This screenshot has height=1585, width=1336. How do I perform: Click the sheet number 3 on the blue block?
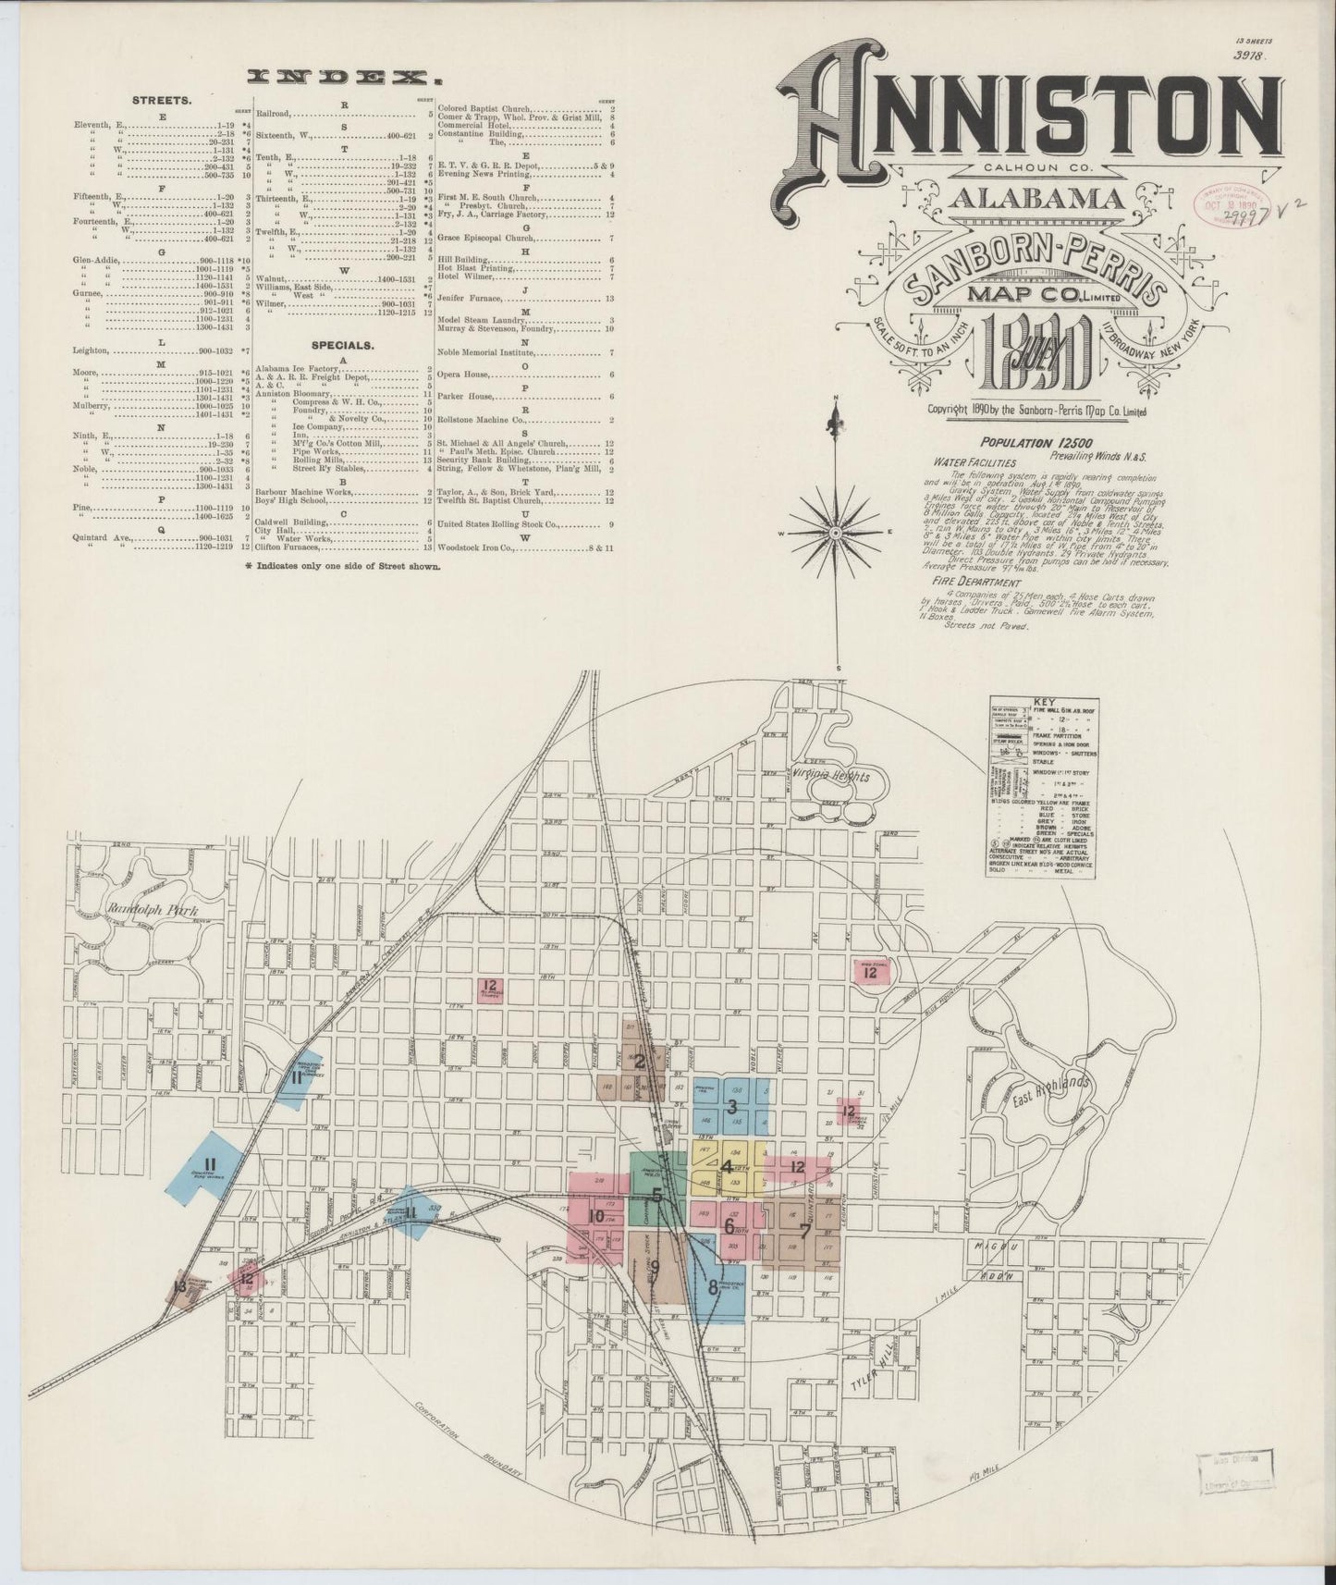click(732, 1106)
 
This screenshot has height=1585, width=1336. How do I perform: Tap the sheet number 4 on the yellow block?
click(728, 1167)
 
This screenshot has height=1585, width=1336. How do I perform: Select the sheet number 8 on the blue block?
click(712, 1285)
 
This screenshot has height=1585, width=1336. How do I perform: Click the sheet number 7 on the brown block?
click(804, 1231)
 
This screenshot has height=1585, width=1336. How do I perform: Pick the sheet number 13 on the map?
click(179, 1286)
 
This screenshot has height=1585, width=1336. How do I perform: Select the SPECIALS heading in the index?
click(341, 345)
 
